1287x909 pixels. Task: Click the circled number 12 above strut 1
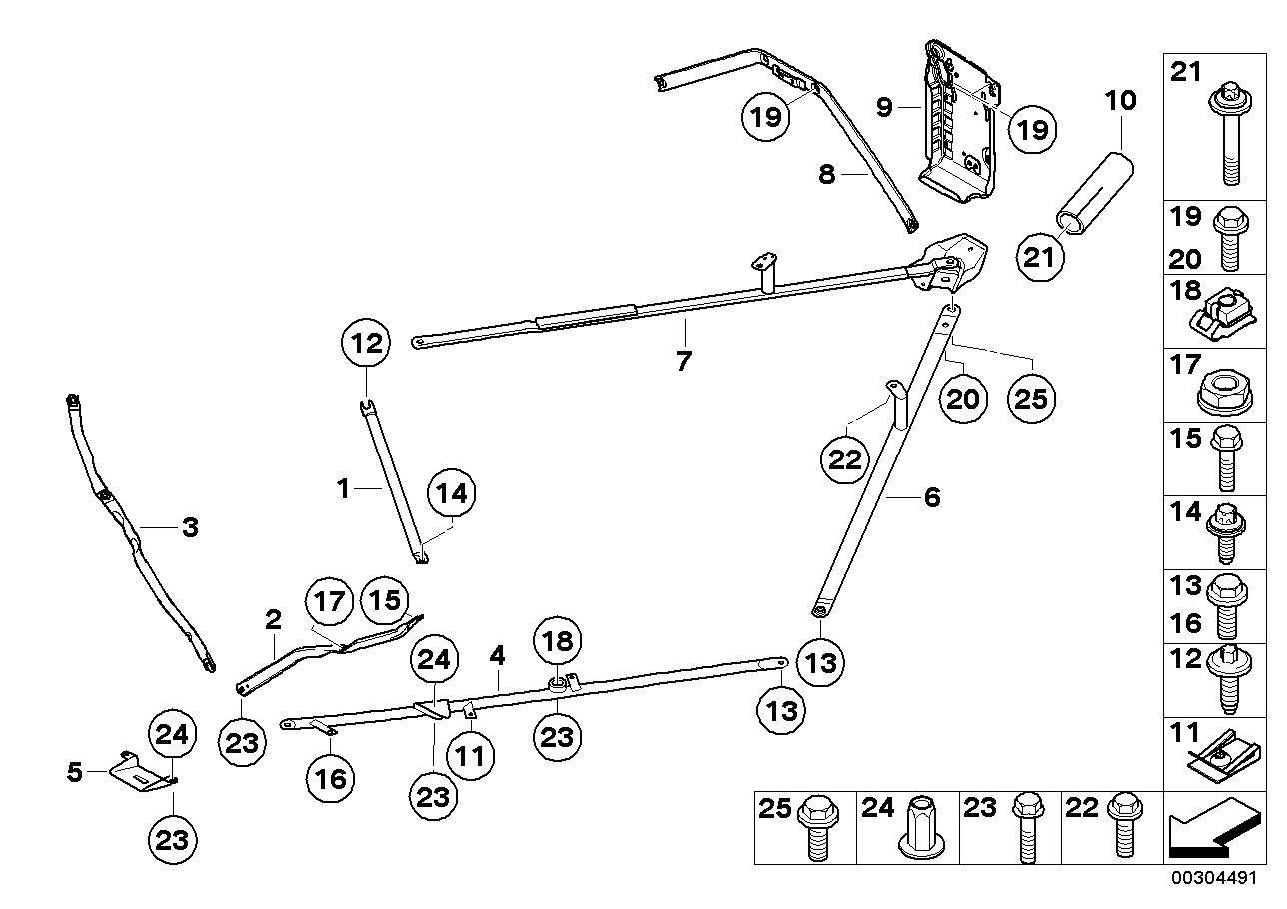367,345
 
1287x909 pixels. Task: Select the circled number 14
451,492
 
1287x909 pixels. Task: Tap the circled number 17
330,602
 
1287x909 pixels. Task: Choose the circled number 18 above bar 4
558,640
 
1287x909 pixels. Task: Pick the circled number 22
846,460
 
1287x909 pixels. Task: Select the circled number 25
1031,399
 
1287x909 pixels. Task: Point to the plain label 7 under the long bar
683,361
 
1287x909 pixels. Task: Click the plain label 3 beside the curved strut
190,527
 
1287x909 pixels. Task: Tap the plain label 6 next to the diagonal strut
932,496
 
